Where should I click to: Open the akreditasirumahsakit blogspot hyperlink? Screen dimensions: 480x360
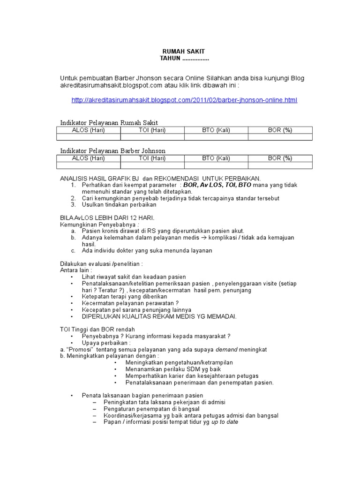184,100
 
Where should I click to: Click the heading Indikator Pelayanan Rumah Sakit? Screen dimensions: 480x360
109,122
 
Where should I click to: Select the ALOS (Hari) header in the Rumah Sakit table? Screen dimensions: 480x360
88,130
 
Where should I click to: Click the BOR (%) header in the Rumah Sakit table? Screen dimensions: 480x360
280,130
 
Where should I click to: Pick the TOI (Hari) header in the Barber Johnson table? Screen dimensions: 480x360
152,158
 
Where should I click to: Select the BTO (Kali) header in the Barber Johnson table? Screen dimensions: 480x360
216,158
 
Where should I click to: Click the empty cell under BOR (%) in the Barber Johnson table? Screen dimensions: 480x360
280,165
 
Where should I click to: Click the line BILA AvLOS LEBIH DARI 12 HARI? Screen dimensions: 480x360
107,218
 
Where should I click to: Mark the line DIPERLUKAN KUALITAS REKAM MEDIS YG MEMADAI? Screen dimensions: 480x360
159,316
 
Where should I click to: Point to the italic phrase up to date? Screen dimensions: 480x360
225,421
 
